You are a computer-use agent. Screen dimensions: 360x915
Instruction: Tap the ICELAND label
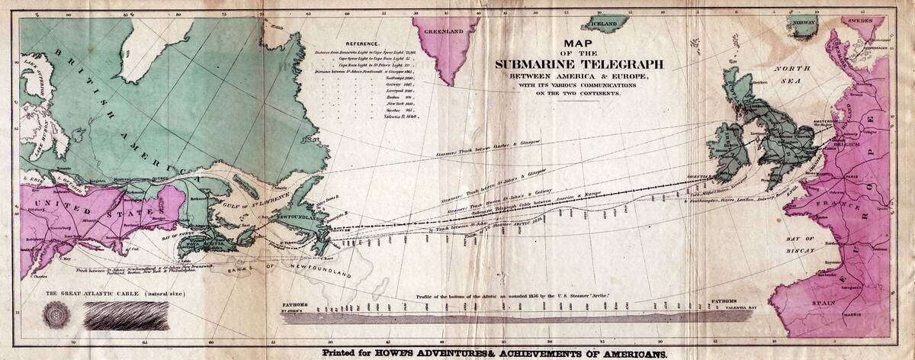604,24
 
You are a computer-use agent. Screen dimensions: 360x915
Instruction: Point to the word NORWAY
804,23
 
